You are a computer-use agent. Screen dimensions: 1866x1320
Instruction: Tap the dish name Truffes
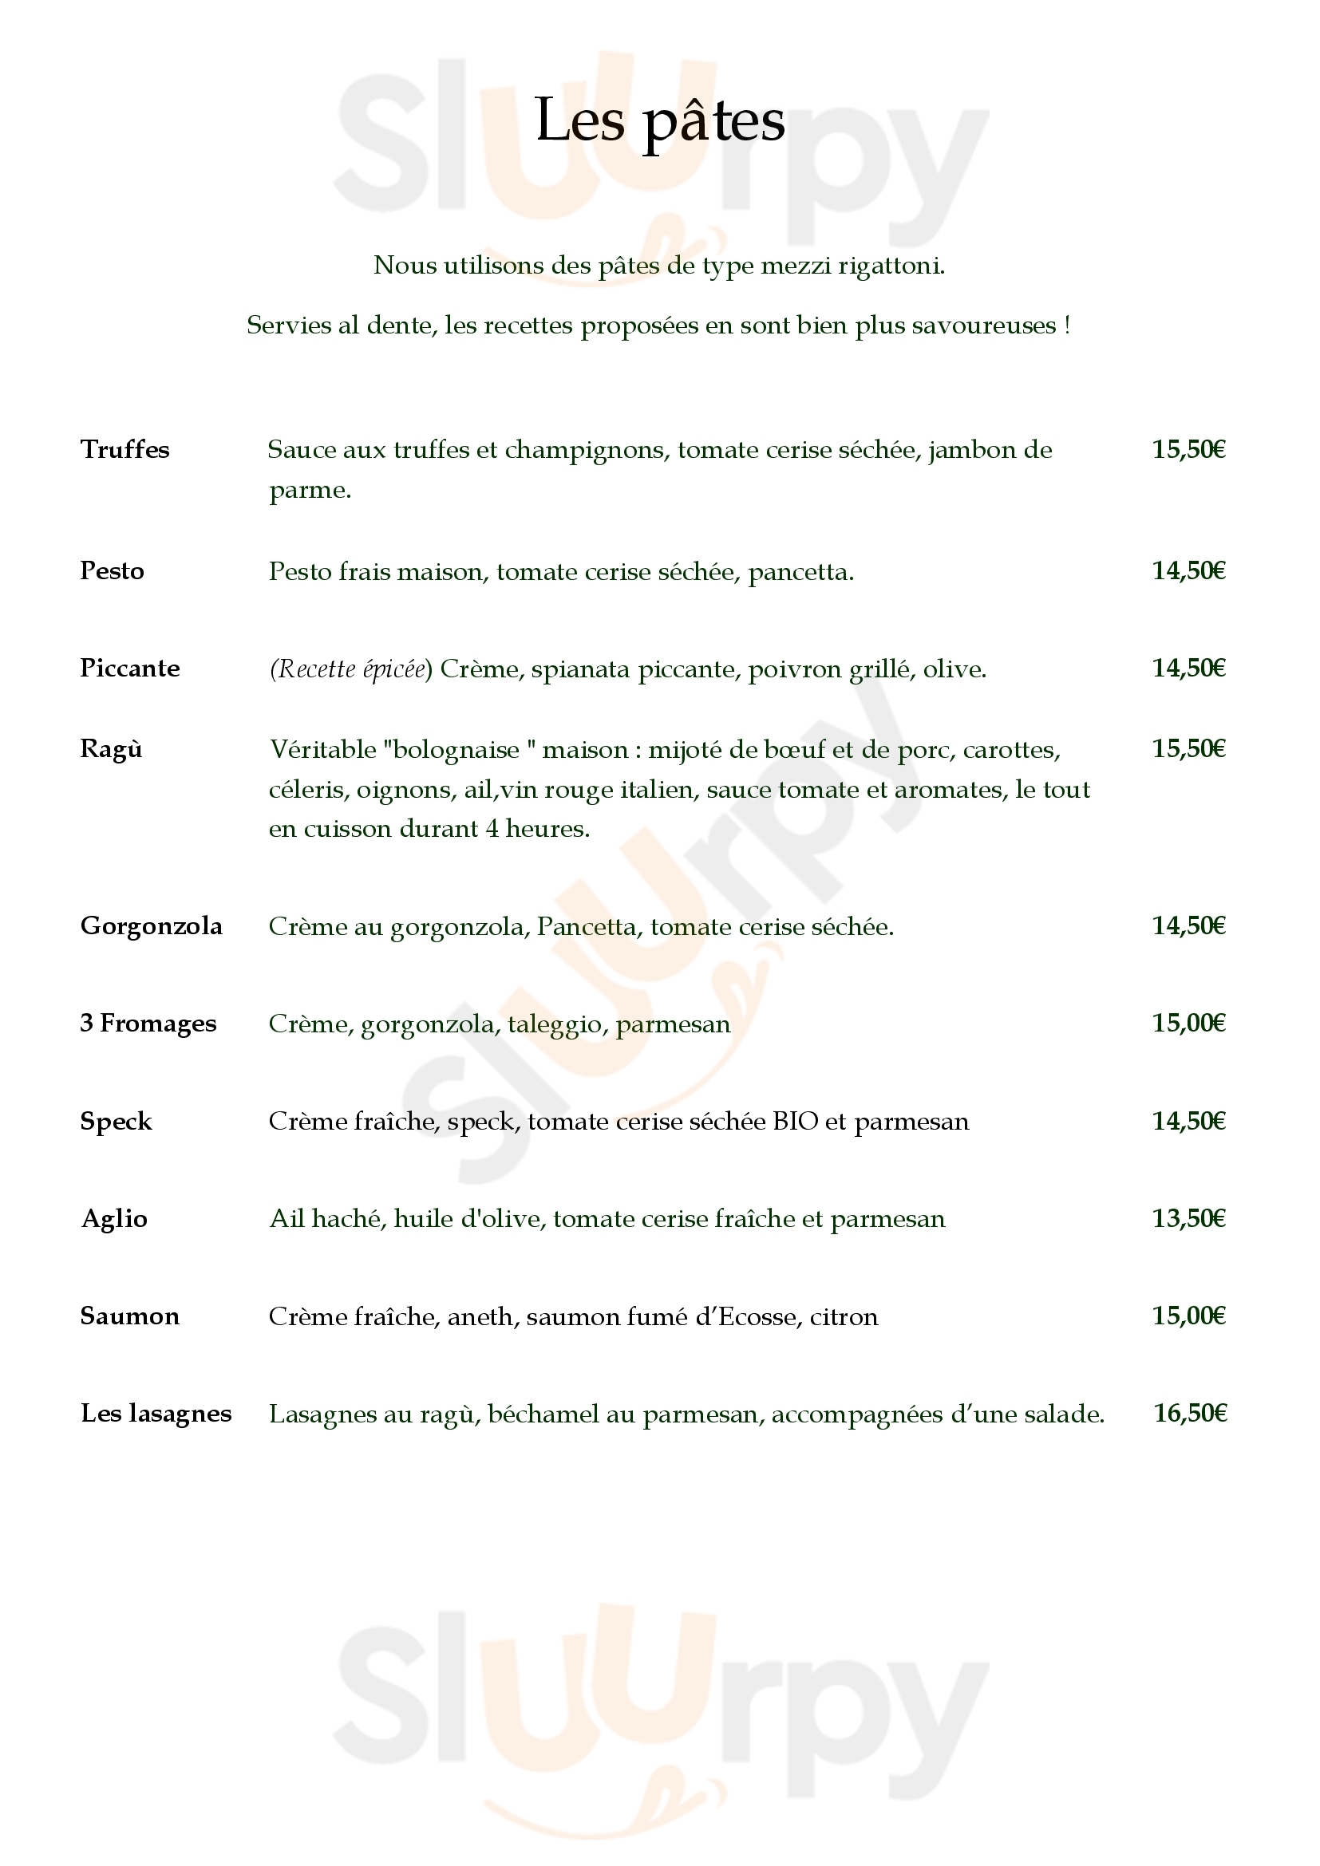[x=124, y=449]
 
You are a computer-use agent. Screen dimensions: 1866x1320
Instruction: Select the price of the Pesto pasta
[x=1188, y=570]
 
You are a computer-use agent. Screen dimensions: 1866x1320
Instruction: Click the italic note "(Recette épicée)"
[x=351, y=669]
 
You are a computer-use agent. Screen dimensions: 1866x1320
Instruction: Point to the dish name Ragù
[x=112, y=748]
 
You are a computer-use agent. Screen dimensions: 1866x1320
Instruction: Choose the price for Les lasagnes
[x=1190, y=1414]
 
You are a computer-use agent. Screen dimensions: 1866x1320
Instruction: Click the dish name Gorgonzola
[x=151, y=925]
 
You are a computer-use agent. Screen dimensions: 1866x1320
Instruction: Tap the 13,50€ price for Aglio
[x=1188, y=1218]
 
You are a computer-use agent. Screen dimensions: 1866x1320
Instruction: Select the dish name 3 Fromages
[x=148, y=1024]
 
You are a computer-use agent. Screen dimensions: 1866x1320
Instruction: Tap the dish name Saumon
[x=129, y=1316]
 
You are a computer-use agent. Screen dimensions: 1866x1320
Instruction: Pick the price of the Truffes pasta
[x=1188, y=449]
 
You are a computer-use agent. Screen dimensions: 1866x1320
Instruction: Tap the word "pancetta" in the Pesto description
[x=800, y=572]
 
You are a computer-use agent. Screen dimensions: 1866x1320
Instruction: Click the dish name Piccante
[x=130, y=668]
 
